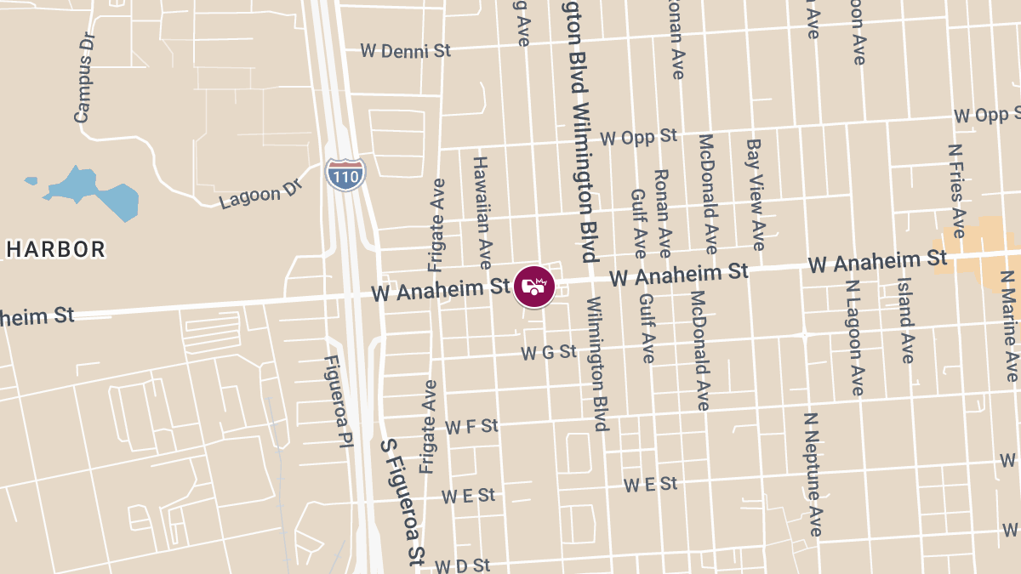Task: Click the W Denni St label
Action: coord(405,51)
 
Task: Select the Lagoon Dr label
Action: coord(260,195)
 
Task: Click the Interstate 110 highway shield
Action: coord(345,174)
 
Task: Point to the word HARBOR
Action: coord(56,250)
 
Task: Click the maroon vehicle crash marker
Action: coord(534,287)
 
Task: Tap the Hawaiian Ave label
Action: coord(482,212)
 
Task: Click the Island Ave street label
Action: coord(904,320)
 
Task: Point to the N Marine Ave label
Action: coord(1009,326)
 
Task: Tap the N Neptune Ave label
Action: coord(813,475)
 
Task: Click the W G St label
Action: coord(549,351)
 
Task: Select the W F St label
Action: coord(471,426)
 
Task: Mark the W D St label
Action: coord(462,565)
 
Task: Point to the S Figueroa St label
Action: coord(402,502)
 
